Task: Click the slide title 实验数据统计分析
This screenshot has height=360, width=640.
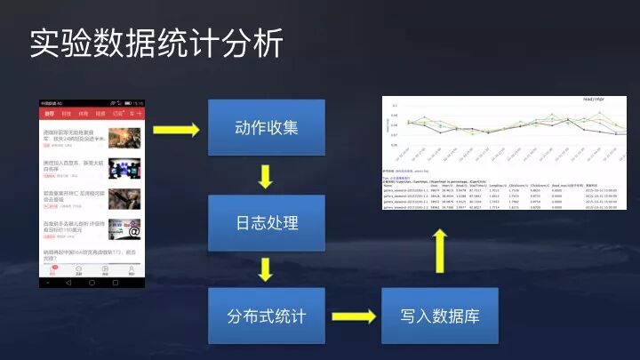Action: coord(156,42)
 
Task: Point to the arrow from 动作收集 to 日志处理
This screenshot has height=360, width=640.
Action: coord(265,176)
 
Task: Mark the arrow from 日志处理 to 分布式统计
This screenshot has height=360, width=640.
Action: coord(265,268)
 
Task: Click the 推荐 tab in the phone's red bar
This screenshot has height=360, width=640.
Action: coord(50,114)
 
